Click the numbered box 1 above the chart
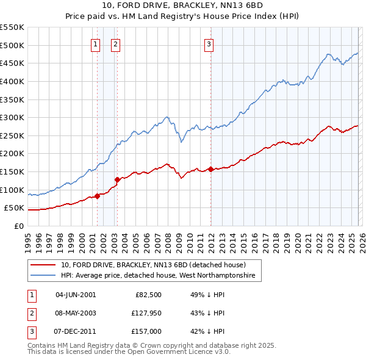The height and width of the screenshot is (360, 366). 96,43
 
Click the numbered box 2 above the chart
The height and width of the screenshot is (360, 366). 115,43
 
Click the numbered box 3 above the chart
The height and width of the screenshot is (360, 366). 209,43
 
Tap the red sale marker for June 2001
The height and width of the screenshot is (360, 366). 97,196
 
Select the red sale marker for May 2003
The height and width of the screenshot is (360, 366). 118,179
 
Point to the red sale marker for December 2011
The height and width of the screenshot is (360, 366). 210,169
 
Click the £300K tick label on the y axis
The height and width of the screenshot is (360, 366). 12,117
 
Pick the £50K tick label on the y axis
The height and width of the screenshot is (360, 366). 15,207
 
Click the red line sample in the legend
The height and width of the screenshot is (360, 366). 43,265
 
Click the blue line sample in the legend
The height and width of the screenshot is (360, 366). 43,276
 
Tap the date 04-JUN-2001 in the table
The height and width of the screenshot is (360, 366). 76,295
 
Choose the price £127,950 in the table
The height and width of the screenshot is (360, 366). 144,313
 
